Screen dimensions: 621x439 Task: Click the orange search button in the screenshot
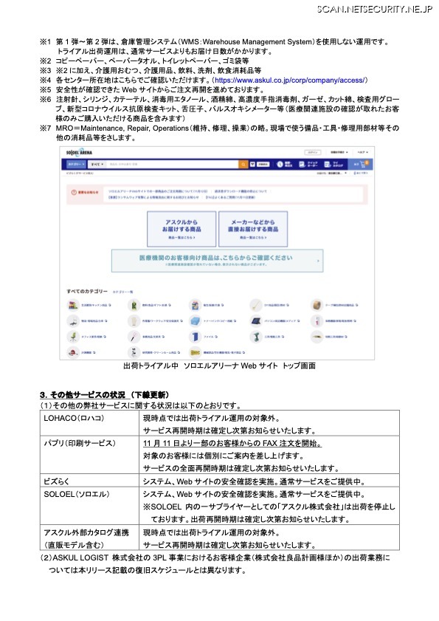(243, 163)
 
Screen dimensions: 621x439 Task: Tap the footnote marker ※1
(45, 43)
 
